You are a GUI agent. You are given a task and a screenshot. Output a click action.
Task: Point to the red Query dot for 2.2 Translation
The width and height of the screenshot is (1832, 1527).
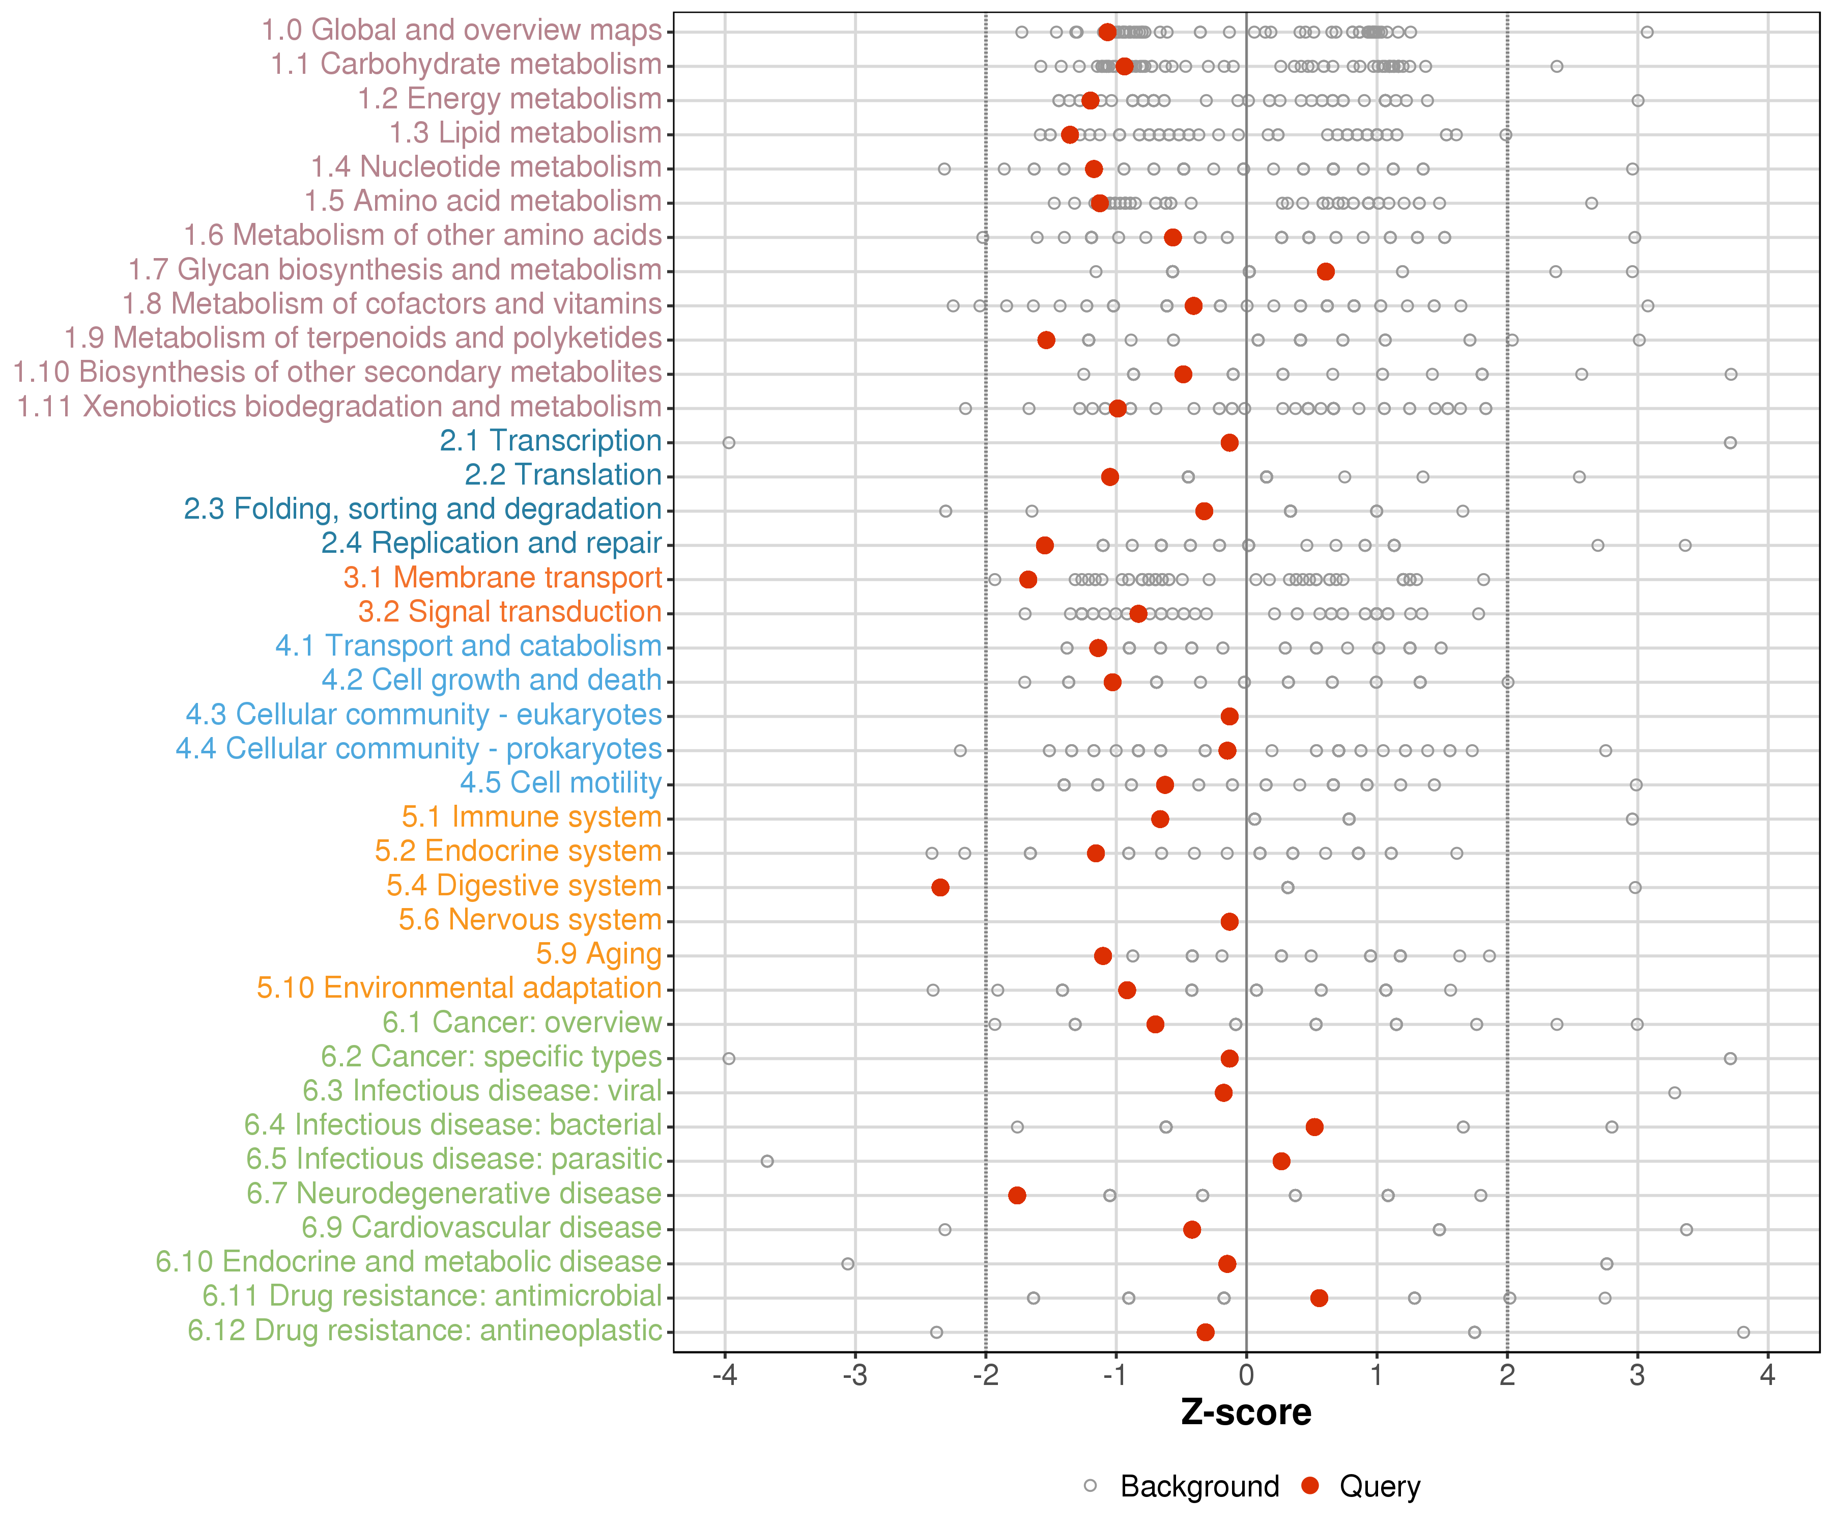[x=1110, y=476]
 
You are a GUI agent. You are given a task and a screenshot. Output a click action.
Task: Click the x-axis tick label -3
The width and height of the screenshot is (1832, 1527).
[x=855, y=1375]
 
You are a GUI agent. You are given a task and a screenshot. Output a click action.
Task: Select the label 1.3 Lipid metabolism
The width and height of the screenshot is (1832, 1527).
[x=525, y=133]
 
